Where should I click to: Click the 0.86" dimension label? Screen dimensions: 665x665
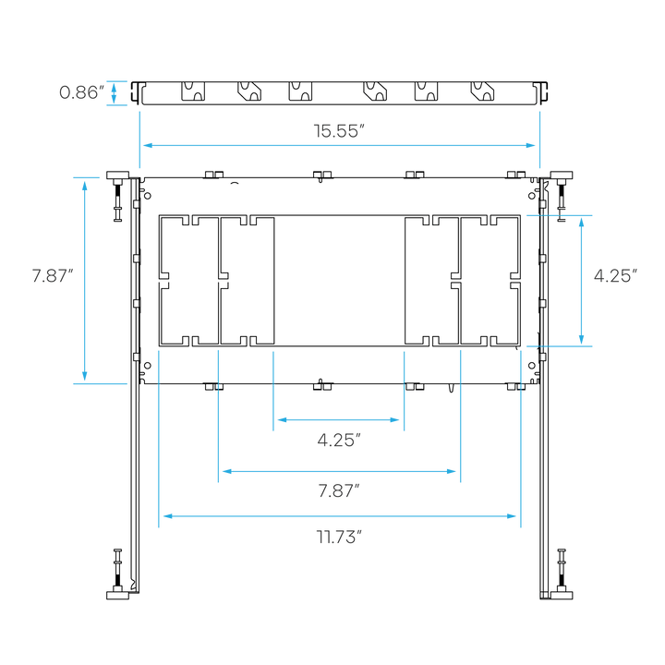79,92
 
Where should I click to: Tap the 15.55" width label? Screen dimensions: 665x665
339,130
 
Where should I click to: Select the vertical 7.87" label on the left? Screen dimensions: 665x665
52,275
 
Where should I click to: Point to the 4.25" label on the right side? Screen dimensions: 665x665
615,275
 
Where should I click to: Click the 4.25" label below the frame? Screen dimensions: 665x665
338,441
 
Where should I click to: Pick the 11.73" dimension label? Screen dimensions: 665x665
338,537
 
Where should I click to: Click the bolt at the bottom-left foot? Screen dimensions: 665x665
117,564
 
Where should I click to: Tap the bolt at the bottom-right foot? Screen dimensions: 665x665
561,564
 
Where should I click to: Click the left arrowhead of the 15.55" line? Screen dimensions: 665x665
144,145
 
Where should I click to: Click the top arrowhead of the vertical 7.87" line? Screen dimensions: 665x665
85,183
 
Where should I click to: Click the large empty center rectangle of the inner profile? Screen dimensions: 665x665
340,281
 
